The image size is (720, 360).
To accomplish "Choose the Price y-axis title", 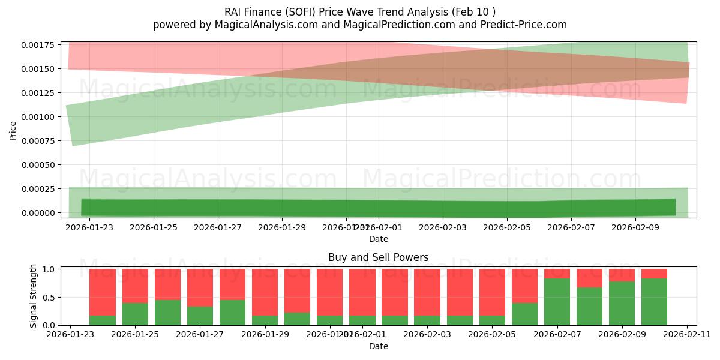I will pos(13,130).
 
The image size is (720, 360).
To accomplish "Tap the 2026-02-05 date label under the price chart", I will pos(508,227).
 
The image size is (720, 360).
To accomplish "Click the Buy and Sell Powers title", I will pos(378,257).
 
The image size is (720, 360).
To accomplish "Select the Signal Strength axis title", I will pos(34,296).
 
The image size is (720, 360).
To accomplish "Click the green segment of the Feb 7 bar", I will pos(557,302).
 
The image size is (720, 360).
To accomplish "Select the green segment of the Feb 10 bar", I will pos(654,302).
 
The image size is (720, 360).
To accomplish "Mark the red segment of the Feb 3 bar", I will pos(427,292).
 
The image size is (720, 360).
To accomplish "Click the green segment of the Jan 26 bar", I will pos(167,313).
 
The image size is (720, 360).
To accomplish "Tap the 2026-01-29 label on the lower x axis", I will pos(265,335).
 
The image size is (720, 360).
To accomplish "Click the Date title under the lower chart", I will pos(378,346).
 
